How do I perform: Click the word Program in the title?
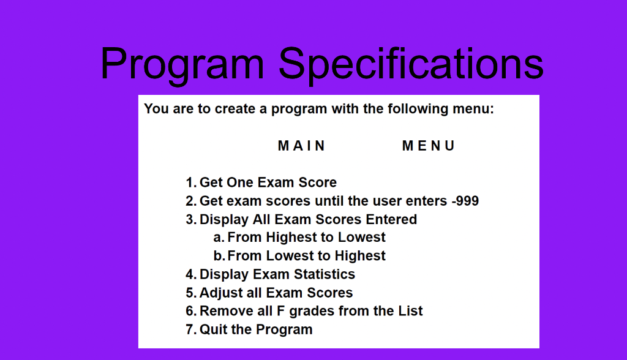pyautogui.click(x=182, y=64)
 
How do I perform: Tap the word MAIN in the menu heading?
pyautogui.click(x=302, y=146)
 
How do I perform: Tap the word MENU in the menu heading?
pyautogui.click(x=429, y=146)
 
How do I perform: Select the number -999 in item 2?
pyautogui.click(x=465, y=201)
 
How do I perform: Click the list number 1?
pyautogui.click(x=190, y=182)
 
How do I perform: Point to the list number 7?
pyautogui.click(x=190, y=329)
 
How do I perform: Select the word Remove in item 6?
pyautogui.click(x=224, y=311)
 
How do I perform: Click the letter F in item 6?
pyautogui.click(x=281, y=311)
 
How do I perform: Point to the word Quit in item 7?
pyautogui.click(x=213, y=329)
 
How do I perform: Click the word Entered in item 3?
pyautogui.click(x=391, y=219)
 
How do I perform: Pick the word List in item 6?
pyautogui.click(x=410, y=311)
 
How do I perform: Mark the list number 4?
pyautogui.click(x=190, y=274)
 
